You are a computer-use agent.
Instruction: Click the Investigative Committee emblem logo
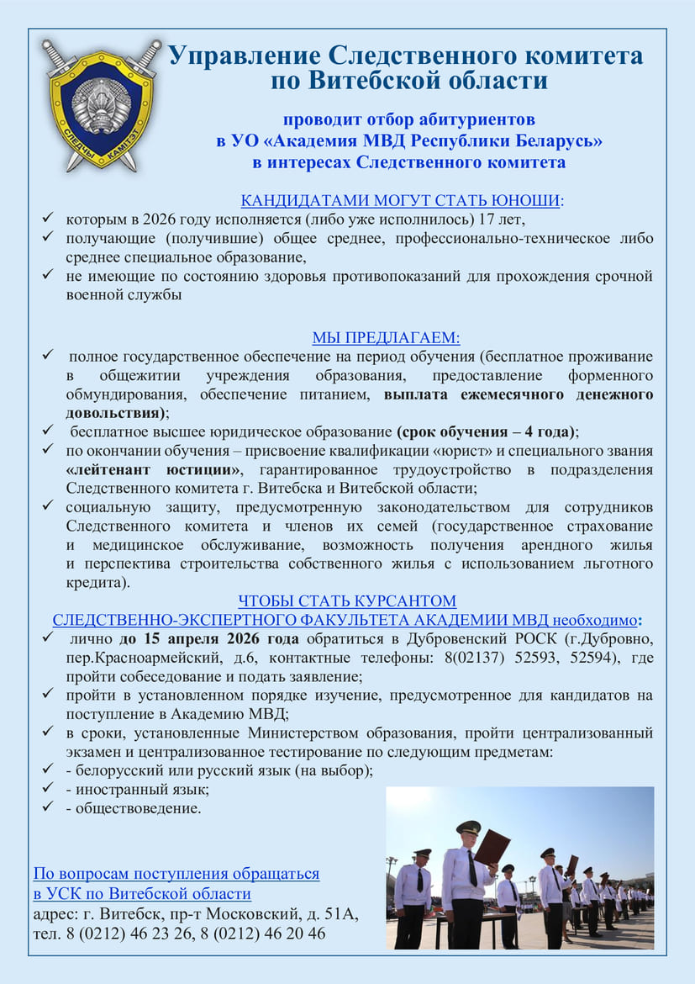pyautogui.click(x=101, y=103)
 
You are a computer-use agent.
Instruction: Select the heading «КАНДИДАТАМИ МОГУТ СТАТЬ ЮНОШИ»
pyautogui.click(x=401, y=201)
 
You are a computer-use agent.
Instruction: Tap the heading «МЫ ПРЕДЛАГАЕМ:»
pyautogui.click(x=387, y=338)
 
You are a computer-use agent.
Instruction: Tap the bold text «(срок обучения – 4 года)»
pyautogui.click(x=487, y=431)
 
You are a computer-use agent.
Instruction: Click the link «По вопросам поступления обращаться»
pyautogui.click(x=176, y=874)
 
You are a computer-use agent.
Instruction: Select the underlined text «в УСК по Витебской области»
pyautogui.click(x=142, y=893)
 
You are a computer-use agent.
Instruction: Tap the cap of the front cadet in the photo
pyautogui.click(x=467, y=827)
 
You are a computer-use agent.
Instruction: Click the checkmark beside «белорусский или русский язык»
pyautogui.click(x=48, y=770)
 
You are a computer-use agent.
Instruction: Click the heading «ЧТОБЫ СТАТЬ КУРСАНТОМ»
pyautogui.click(x=347, y=600)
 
